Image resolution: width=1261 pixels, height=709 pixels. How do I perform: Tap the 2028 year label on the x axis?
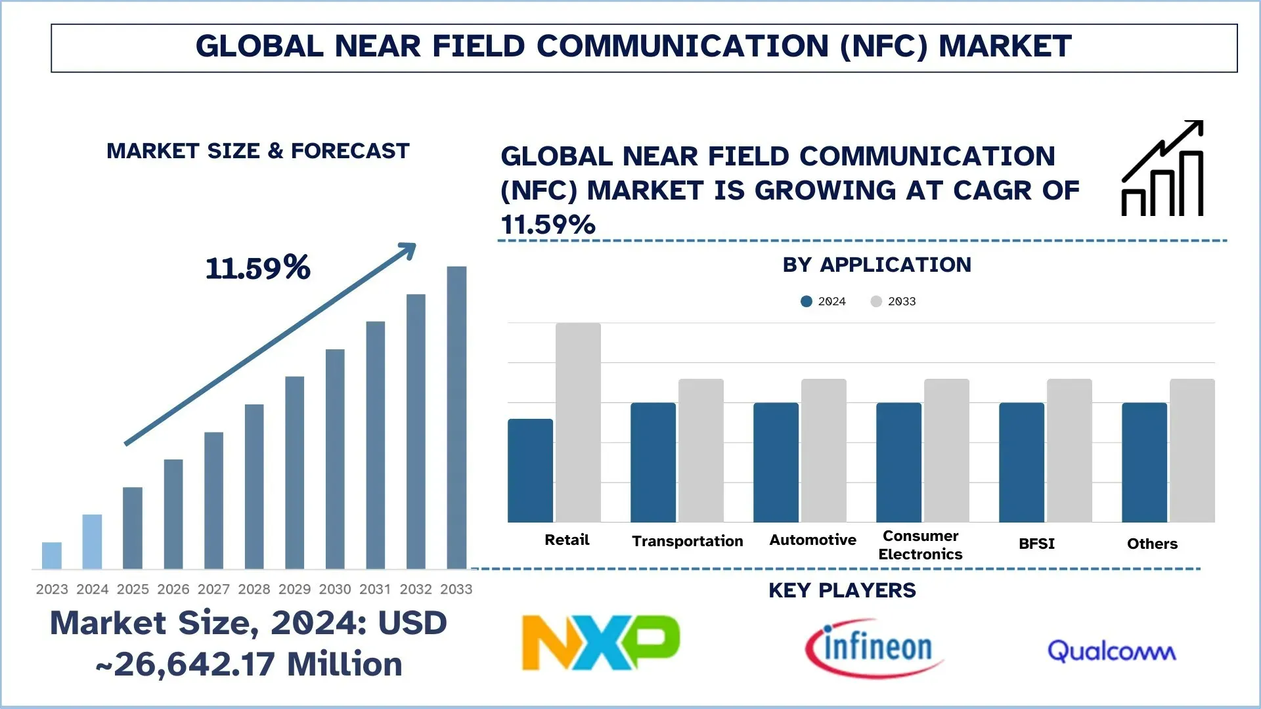click(x=254, y=589)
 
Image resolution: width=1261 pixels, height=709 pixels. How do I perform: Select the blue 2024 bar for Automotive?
click(x=776, y=462)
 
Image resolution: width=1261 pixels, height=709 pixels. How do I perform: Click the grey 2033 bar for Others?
click(x=1192, y=450)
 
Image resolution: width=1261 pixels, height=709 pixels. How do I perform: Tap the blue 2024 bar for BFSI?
click(x=1021, y=462)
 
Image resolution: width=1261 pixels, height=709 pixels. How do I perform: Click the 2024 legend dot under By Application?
click(x=807, y=301)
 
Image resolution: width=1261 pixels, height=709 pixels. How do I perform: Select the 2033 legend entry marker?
click(x=876, y=301)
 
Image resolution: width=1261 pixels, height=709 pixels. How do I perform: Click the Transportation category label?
click(x=687, y=541)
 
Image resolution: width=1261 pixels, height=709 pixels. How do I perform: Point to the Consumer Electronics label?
click(x=920, y=545)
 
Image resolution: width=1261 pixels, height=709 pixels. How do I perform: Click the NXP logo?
click(x=600, y=643)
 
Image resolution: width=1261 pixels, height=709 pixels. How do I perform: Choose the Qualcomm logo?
click(x=1111, y=651)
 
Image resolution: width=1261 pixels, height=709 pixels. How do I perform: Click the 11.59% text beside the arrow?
click(x=257, y=268)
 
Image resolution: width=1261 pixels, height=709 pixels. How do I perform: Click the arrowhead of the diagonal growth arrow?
click(x=409, y=250)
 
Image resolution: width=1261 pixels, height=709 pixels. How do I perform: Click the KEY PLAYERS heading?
click(x=842, y=590)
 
